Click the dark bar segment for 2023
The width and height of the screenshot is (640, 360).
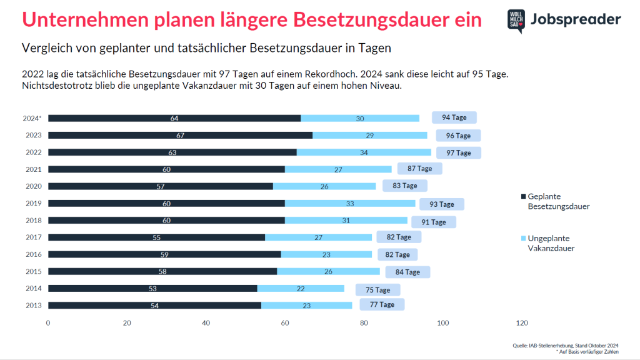coord(180,135)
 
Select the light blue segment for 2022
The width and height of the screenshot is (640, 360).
coord(364,152)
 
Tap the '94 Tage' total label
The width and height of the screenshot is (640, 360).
coord(454,117)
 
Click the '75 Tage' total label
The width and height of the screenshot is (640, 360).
coord(377,289)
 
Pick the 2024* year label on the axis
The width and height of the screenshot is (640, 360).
coord(32,118)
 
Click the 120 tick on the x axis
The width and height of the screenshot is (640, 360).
coord(522,323)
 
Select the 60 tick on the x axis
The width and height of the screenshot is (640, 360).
coord(285,323)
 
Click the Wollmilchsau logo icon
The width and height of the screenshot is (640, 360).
coord(516,21)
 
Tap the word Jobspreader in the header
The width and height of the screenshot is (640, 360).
coord(575,20)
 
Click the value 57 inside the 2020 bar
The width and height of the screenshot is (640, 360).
coord(161,186)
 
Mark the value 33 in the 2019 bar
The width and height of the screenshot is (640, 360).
coord(350,203)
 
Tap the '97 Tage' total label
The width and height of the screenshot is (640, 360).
coord(458,152)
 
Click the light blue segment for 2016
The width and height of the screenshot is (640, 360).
coord(326,254)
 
